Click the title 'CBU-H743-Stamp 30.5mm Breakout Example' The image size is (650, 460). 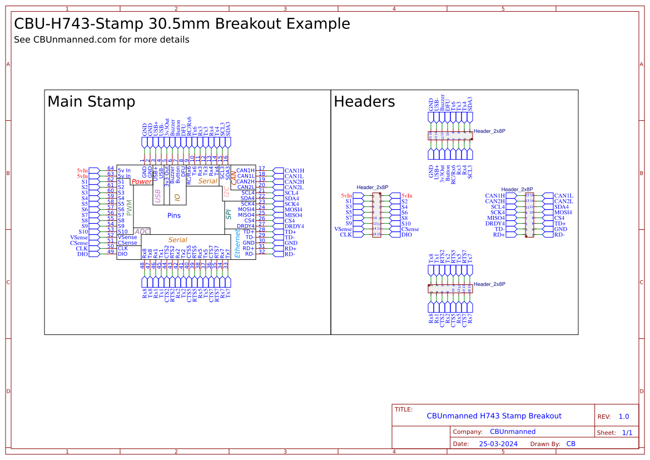coord(182,24)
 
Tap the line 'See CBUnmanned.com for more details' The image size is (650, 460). coord(101,40)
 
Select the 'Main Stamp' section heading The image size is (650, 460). coord(91,102)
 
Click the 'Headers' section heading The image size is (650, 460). coord(364,102)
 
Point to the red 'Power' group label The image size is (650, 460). coord(142,181)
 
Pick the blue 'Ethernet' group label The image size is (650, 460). coord(237,244)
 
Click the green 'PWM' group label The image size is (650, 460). coord(130,207)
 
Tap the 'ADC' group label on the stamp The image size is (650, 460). coord(142,231)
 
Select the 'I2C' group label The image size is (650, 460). coord(226,192)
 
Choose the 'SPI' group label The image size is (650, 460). coord(228,214)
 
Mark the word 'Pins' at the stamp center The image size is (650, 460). coord(174,215)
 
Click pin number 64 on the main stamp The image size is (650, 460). coord(110,168)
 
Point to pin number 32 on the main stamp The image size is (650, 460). coord(261,251)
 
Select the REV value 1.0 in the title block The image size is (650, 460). coord(624,417)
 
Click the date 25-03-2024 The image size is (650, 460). coord(498,444)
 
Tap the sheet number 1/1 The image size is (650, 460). coord(627,432)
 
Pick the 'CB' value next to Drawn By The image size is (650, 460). coord(570,444)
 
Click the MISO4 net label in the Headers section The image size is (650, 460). coord(496,218)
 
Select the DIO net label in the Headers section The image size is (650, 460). coord(406,235)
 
